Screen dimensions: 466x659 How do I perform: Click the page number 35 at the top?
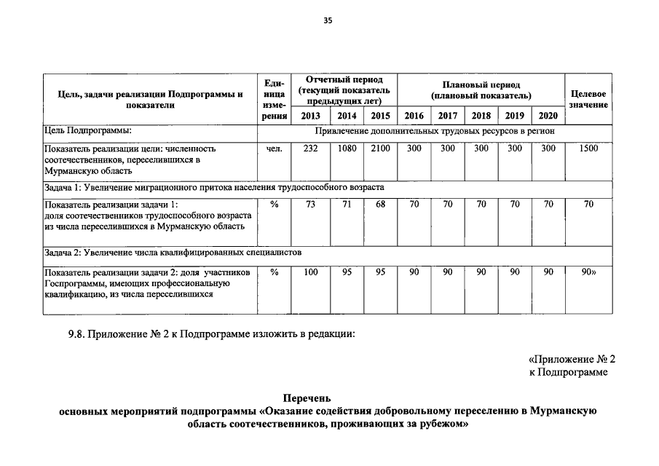(x=328, y=20)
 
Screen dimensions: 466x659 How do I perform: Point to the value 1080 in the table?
(x=347, y=149)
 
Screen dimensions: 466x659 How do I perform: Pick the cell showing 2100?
(x=380, y=149)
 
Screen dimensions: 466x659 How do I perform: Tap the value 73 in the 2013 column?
(x=310, y=205)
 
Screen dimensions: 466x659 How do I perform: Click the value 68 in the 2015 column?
(x=380, y=205)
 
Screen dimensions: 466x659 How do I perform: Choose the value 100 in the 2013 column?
(x=310, y=272)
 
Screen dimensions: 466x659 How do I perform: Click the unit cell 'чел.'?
(x=274, y=149)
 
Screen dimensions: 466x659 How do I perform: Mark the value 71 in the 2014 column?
(x=347, y=205)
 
